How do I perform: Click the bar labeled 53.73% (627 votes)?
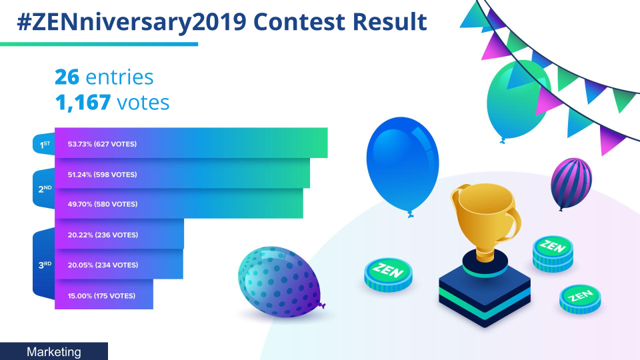(191, 143)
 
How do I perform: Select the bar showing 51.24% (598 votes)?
(182, 173)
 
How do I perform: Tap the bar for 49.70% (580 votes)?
(179, 203)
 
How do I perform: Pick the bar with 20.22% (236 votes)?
(119, 234)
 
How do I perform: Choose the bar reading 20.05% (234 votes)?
(119, 264)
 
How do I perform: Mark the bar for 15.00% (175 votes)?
(104, 294)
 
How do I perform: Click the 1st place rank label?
(44, 144)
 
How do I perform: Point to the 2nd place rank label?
(44, 189)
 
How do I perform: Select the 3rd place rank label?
(44, 265)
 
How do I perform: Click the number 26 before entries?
(67, 77)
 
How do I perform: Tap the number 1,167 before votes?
(83, 102)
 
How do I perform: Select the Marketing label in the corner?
(54, 352)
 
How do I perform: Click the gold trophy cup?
(485, 221)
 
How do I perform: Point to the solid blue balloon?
(403, 164)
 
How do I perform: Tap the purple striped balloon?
(571, 183)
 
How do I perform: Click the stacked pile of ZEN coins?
(553, 253)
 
